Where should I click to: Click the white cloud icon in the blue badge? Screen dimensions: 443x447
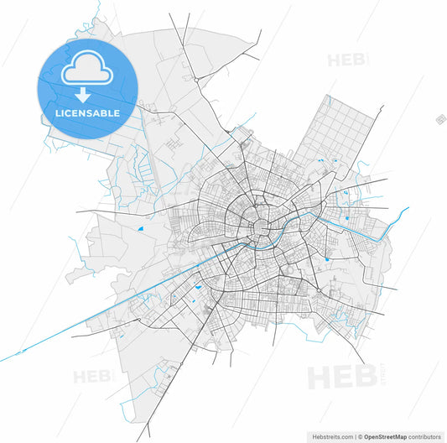pos(87,70)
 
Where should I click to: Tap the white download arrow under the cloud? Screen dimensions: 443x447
pos(87,96)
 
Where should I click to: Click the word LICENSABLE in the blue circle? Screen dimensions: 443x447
pos(87,112)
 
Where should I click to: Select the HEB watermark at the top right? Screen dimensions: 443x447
pos(346,60)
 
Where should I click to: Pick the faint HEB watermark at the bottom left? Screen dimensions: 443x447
pos(92,377)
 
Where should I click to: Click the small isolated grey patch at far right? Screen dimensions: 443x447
pos(439,120)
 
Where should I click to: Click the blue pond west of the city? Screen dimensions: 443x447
pos(142,227)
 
